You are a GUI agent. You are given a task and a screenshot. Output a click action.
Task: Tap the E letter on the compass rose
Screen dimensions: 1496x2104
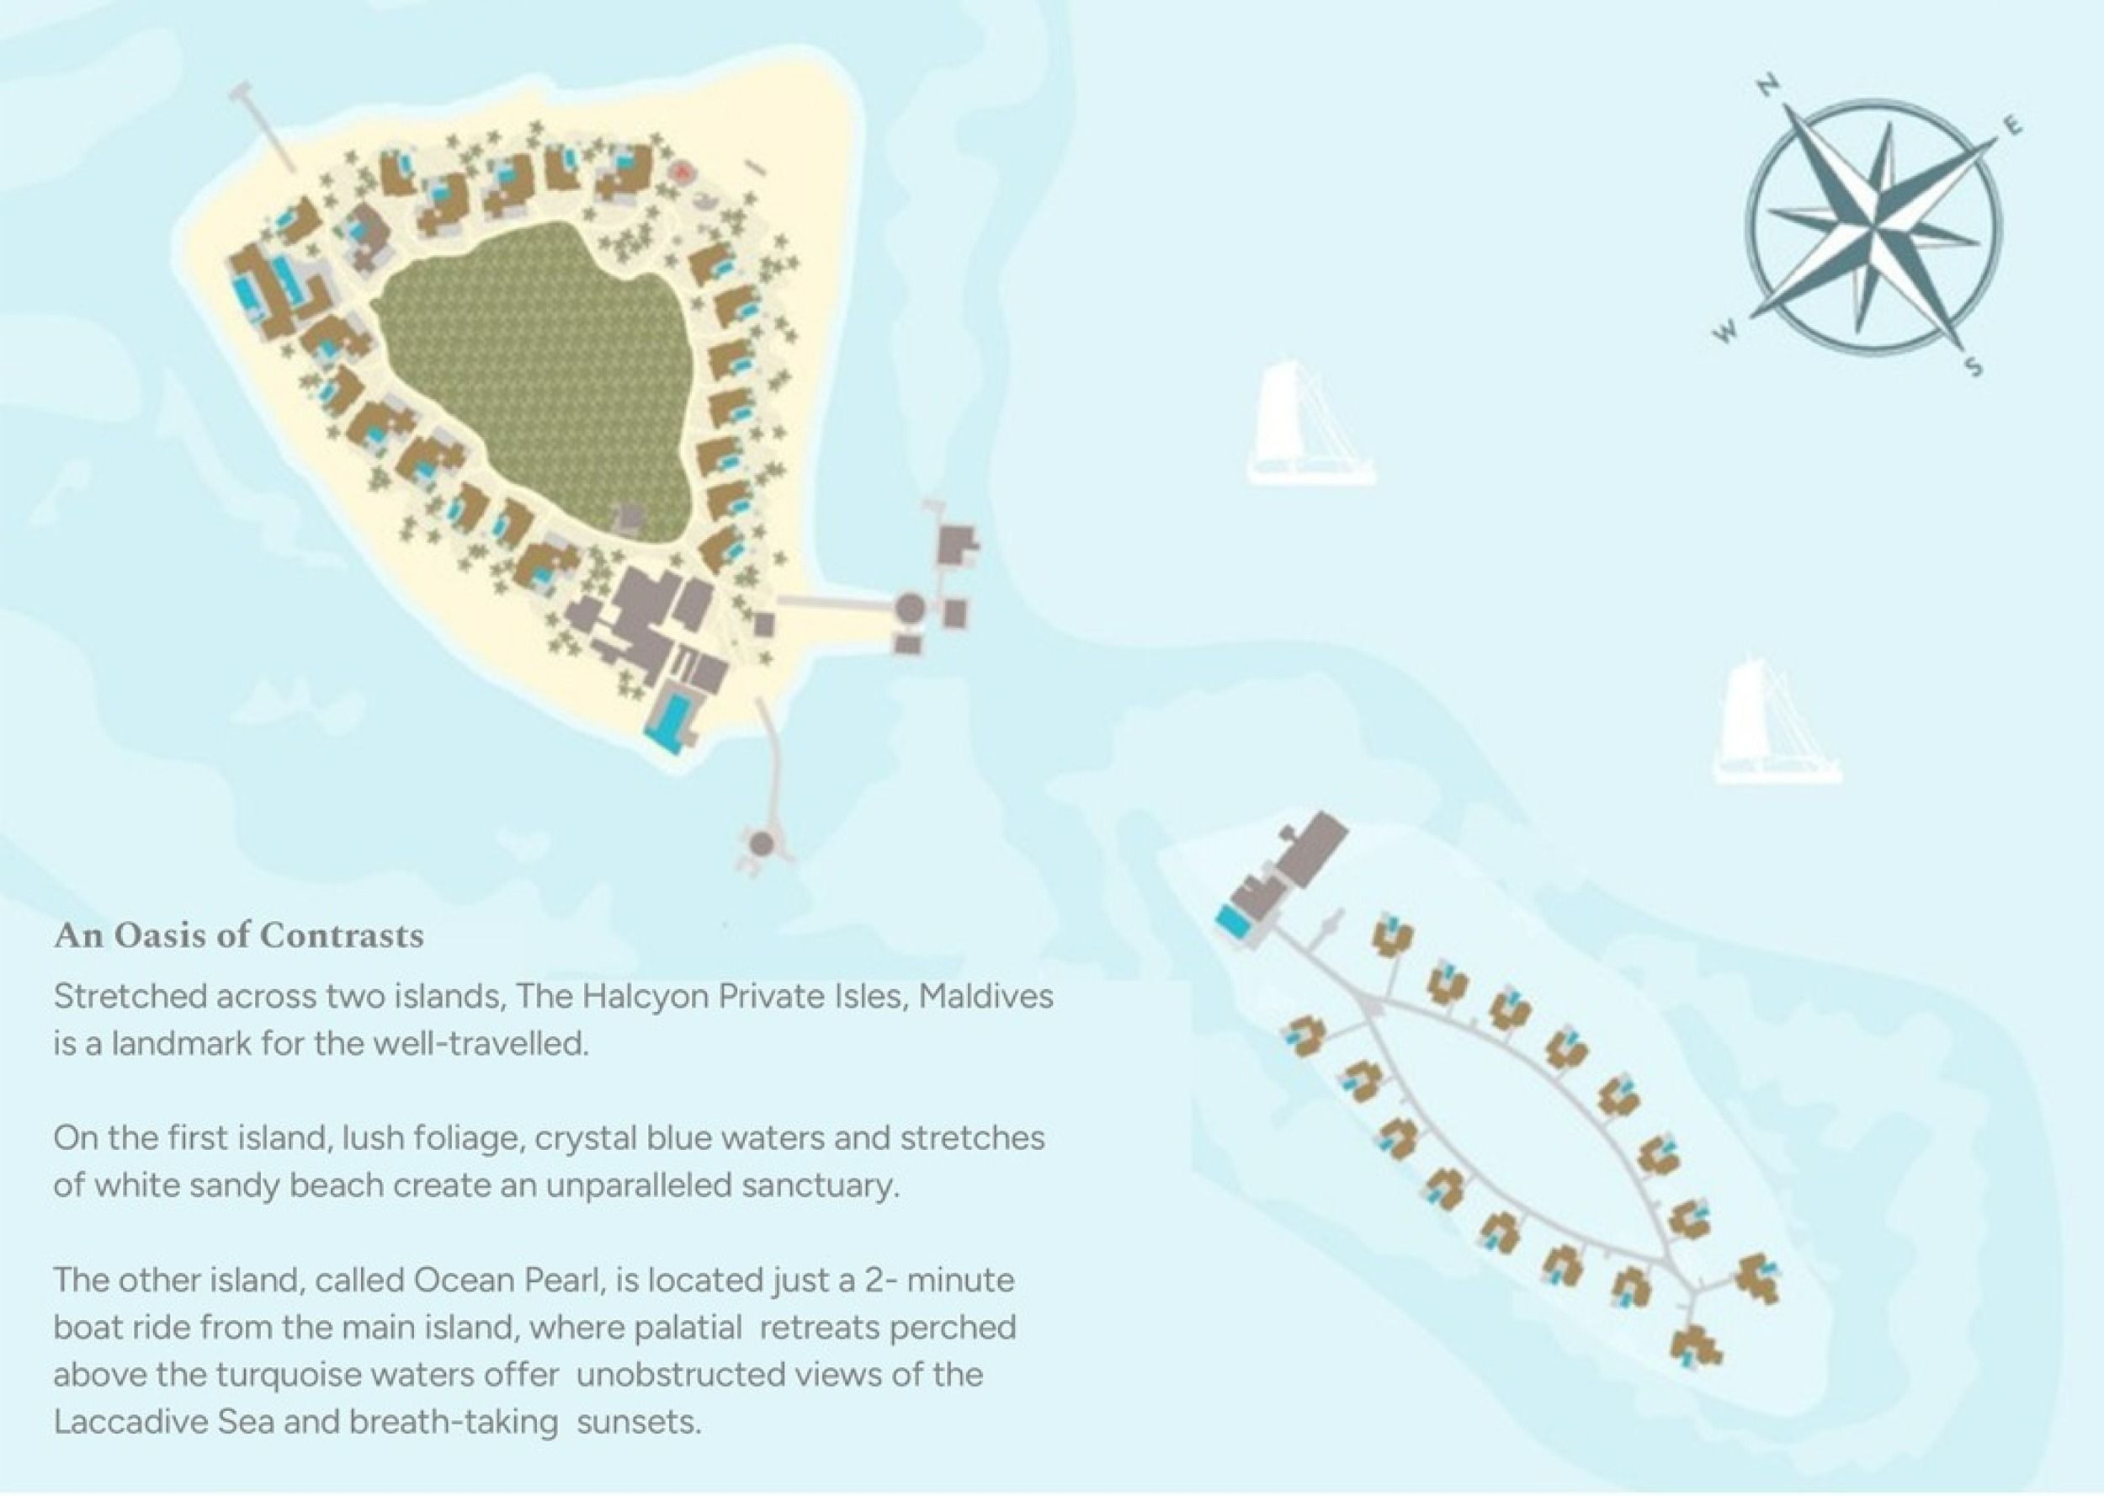(2013, 127)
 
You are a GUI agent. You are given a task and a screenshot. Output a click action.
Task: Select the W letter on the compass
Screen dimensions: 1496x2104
(1726, 331)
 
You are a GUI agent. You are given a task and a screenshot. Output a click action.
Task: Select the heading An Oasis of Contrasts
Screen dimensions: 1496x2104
(239, 936)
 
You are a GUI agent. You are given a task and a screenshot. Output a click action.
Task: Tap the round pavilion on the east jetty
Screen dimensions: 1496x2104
(910, 608)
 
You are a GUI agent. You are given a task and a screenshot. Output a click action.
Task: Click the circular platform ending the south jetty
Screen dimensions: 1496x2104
(761, 842)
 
